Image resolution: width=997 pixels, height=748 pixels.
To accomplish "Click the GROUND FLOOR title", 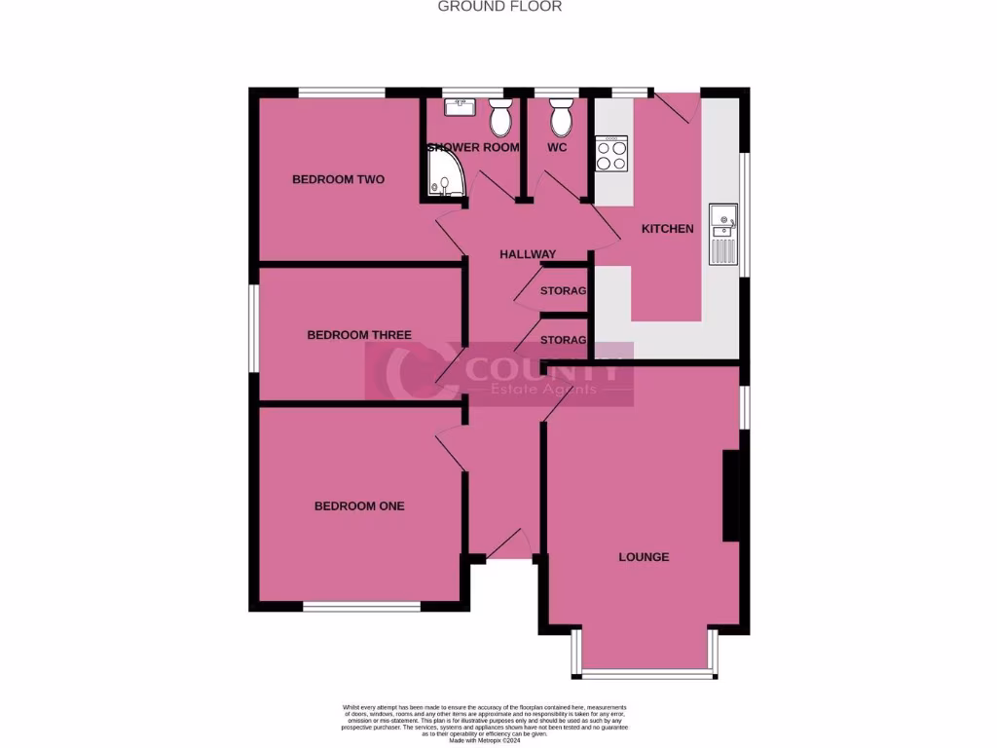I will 499,7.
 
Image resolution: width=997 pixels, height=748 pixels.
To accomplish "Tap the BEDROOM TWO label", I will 338,179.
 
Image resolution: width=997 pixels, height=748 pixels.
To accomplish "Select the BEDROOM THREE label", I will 358,335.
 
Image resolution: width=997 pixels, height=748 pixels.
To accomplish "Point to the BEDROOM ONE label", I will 358,506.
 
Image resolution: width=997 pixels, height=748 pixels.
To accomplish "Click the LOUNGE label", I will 644,557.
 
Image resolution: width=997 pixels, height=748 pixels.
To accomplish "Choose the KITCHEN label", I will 667,229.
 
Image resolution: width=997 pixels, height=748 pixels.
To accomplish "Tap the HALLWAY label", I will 527,254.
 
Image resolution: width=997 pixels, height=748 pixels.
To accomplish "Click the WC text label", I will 557,148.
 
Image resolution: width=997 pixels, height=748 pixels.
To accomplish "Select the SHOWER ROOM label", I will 473,148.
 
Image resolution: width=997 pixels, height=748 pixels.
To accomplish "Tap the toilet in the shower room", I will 500,119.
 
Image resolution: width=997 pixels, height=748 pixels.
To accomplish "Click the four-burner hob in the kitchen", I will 611,154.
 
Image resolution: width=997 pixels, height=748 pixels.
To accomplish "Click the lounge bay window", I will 645,673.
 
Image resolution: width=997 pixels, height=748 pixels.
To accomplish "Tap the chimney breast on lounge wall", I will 731,496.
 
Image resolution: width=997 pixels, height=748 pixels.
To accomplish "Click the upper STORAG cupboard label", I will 563,291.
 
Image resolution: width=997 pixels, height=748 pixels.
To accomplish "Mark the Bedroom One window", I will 361,607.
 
